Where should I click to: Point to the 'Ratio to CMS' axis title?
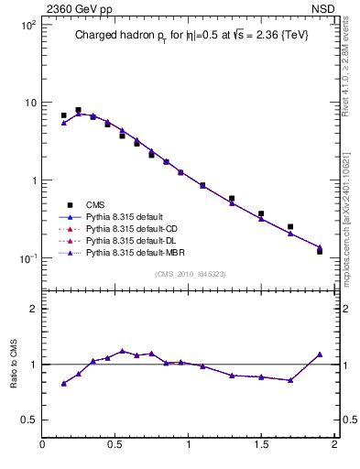pyautogui.click(x=16, y=364)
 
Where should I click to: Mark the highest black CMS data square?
pyautogui.click(x=78, y=110)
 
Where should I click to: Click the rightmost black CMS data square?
pyautogui.click(x=320, y=250)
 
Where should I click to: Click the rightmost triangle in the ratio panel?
pyautogui.click(x=320, y=354)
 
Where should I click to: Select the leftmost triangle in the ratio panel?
pyautogui.click(x=63, y=383)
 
